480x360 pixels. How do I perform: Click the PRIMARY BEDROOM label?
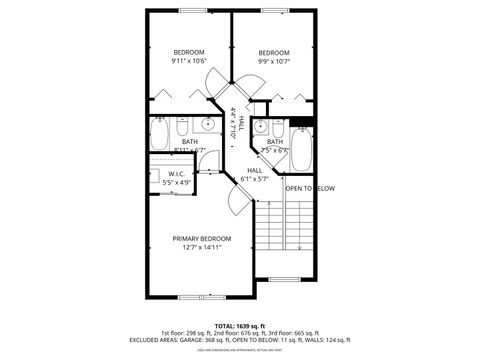201,238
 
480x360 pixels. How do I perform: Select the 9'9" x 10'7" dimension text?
273,63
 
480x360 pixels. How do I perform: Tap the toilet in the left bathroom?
180,127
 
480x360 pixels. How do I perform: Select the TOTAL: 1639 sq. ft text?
240,326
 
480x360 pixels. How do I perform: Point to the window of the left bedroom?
190,11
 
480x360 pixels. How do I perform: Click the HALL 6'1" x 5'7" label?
255,175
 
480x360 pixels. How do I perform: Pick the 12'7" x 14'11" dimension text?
201,248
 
